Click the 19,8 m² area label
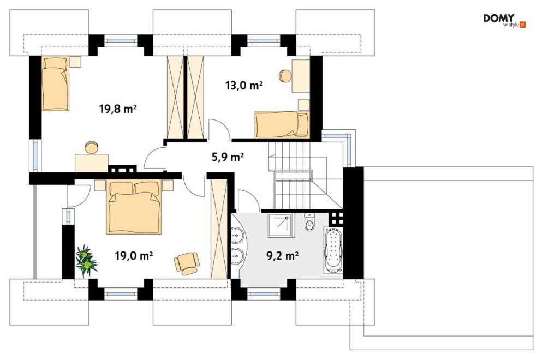pyautogui.click(x=118, y=109)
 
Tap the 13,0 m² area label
pyautogui.click(x=244, y=85)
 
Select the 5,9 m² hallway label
pyautogui.click(x=228, y=157)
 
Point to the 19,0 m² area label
pyautogui.click(x=134, y=256)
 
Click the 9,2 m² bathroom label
pyautogui.click(x=282, y=256)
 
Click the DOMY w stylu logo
pyautogui.click(x=504, y=20)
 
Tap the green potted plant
pyautogui.click(x=86, y=260)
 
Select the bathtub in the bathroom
pyautogui.click(x=333, y=250)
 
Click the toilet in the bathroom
pyautogui.click(x=309, y=222)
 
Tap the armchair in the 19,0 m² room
pyautogui.click(x=187, y=263)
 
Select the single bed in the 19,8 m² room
pyautogui.click(x=56, y=84)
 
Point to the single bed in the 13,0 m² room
pyautogui.click(x=282, y=124)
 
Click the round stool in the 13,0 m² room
pyautogui.click(x=286, y=76)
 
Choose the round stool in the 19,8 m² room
pyautogui.click(x=92, y=147)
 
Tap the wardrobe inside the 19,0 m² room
pyautogui.click(x=219, y=229)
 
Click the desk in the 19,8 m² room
pyautogui.click(x=92, y=163)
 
